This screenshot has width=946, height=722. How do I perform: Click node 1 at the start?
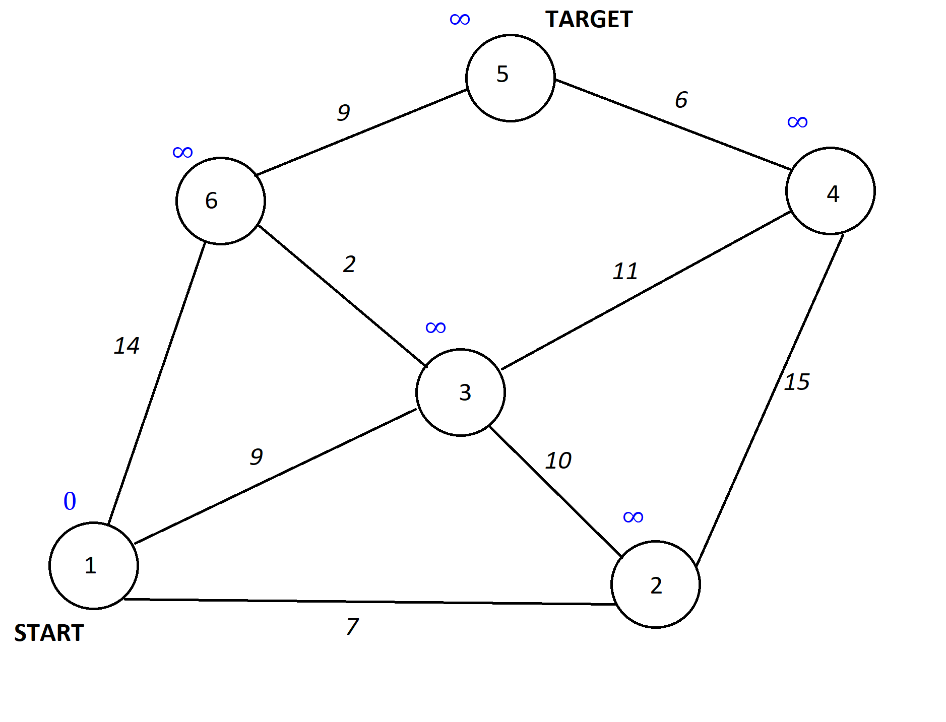tap(93, 565)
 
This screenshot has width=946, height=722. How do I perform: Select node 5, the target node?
tap(510, 78)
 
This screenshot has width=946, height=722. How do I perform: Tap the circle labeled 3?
tap(460, 392)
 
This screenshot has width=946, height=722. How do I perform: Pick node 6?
tap(220, 201)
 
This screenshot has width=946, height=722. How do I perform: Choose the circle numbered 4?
tap(830, 190)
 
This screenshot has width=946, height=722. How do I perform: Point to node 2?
tap(655, 584)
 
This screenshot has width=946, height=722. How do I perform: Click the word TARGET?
tap(589, 20)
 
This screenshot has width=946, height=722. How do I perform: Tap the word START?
tap(49, 633)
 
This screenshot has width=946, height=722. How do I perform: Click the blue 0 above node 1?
tap(70, 501)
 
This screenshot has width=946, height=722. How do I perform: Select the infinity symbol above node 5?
tap(460, 20)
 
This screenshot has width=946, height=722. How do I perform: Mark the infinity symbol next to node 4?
tap(797, 122)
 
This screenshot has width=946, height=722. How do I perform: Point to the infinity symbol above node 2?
tap(633, 517)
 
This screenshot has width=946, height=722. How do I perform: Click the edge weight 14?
tap(127, 346)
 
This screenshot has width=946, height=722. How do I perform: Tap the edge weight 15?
tap(797, 382)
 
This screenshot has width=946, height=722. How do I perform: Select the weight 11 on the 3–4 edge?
tap(625, 272)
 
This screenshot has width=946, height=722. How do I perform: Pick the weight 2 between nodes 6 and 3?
tap(349, 264)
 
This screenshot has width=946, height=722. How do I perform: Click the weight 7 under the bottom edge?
tap(352, 626)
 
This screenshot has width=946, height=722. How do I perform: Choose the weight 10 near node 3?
tap(558, 461)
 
